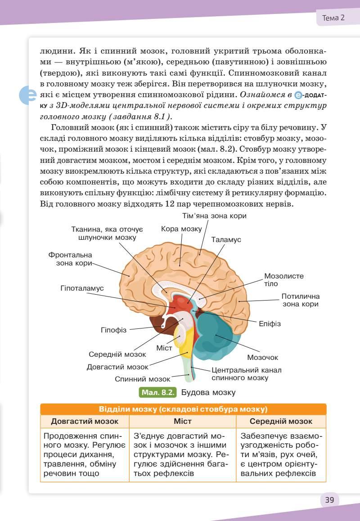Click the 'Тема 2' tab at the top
click(333, 18)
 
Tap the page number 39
click(329, 500)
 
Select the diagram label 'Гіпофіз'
click(113, 330)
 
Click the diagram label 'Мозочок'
click(262, 357)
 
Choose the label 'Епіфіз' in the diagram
click(270, 323)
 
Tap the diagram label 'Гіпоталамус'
click(82, 288)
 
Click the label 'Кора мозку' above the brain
click(181, 229)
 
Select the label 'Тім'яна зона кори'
click(214, 216)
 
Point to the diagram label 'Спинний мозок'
click(142, 379)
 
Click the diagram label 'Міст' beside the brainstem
click(164, 348)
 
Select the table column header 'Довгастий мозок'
click(85, 422)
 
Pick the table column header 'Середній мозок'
click(281, 422)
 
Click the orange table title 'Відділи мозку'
click(183, 409)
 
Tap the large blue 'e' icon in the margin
click(27, 95)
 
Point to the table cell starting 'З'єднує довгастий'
click(182, 454)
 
